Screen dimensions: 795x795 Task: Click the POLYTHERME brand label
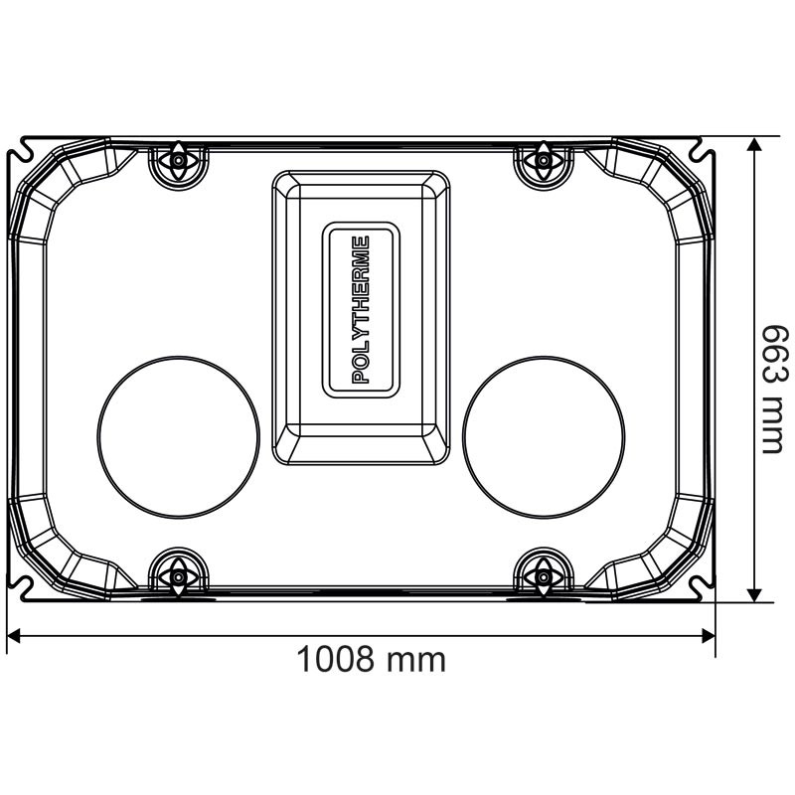361,310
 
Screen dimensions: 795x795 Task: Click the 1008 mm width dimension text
372,659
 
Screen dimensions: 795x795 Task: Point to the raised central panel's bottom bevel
361,446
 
